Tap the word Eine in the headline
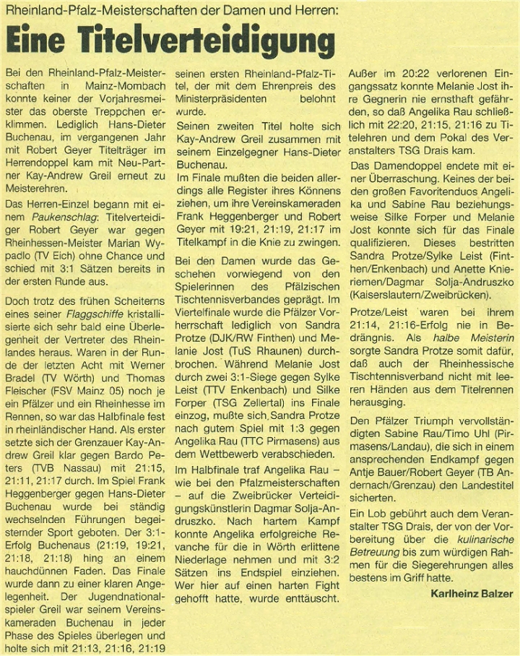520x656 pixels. [x=38, y=40]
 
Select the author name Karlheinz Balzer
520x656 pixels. [x=472, y=594]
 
